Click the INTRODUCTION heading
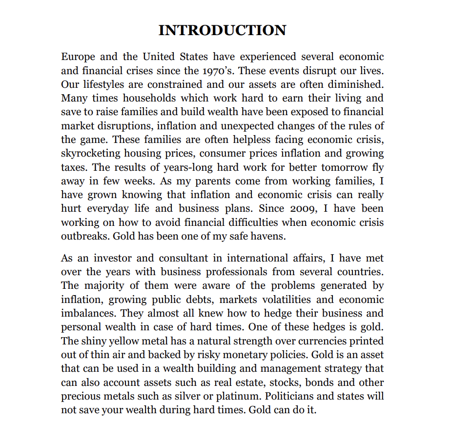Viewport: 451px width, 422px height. [x=222, y=30]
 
